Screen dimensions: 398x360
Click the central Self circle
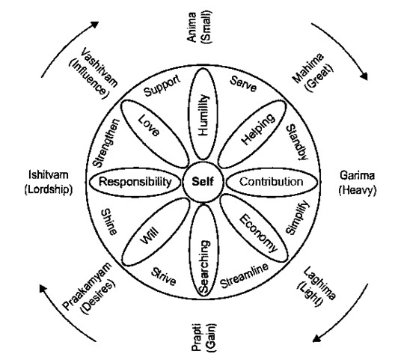pos(203,182)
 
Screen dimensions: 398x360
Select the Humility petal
pos(203,115)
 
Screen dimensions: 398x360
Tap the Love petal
pos(154,133)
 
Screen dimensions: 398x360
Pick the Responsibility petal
pos(135,182)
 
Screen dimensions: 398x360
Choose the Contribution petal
pos(272,182)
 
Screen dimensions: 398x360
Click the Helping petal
pos(253,133)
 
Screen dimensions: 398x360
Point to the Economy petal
pos(254,229)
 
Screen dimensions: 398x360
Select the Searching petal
pos(203,251)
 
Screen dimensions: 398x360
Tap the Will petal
pos(156,231)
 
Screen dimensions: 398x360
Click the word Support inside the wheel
pos(162,85)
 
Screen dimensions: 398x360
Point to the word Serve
pos(243,84)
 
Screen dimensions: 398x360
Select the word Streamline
pos(244,275)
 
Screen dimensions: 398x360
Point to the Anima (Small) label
pos(199,27)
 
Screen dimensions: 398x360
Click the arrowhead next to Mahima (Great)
pos(364,76)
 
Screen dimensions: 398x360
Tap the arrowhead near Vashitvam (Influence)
pos(95,25)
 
